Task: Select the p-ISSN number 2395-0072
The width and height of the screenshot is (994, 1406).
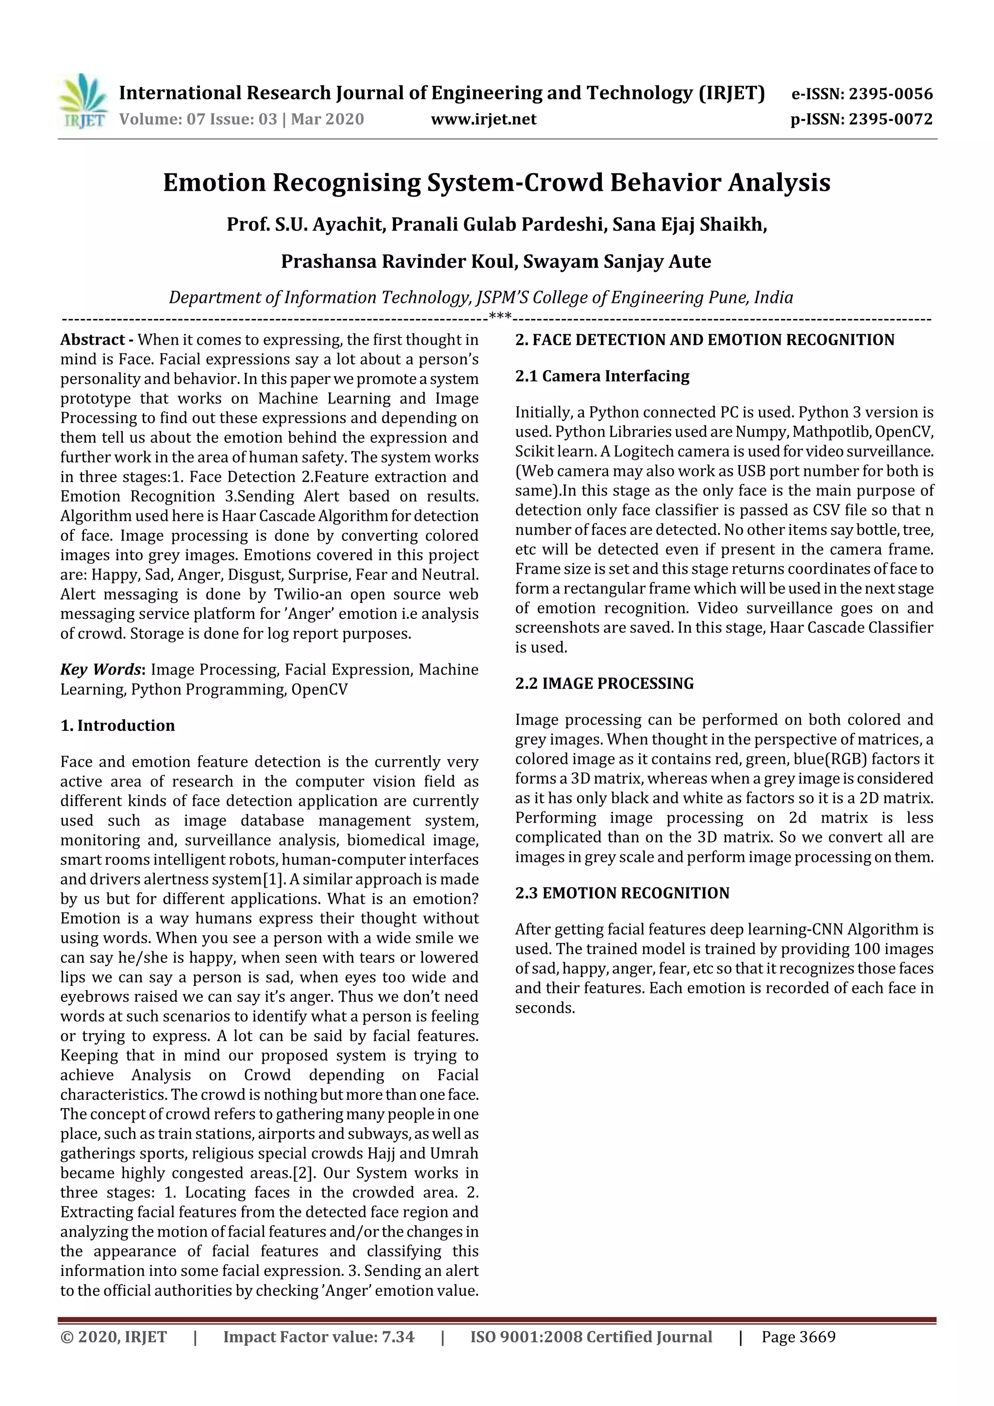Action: (890, 119)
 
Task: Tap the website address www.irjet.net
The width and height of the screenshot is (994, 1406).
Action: (483, 119)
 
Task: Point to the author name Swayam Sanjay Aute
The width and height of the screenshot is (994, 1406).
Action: (617, 262)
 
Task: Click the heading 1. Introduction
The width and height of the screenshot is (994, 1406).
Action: (117, 726)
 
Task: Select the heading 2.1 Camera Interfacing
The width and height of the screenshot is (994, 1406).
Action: (601, 376)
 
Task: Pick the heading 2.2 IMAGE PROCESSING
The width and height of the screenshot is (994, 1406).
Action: (604, 683)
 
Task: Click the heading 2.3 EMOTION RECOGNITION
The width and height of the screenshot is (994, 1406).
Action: (622, 893)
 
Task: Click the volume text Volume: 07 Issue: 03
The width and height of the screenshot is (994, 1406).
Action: (198, 119)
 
